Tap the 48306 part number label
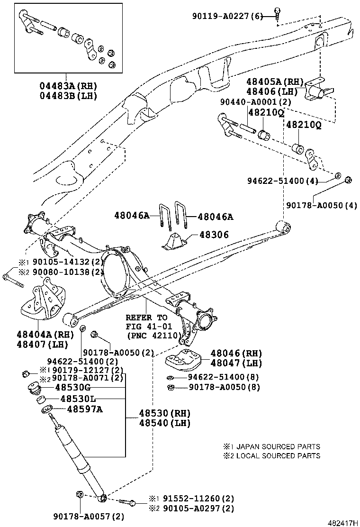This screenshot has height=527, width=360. [214, 235]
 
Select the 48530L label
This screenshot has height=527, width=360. [75, 399]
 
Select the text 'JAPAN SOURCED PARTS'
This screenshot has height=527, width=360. [278, 446]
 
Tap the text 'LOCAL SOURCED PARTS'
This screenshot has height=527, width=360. [278, 456]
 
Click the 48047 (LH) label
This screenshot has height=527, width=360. [236, 363]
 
